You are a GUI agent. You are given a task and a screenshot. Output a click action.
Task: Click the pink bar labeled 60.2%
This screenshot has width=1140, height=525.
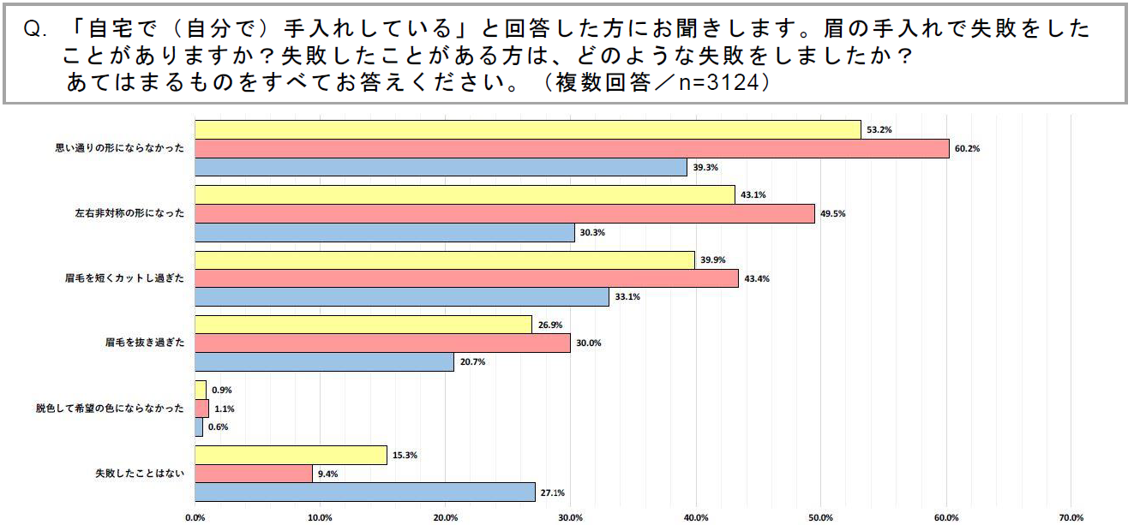[572, 148]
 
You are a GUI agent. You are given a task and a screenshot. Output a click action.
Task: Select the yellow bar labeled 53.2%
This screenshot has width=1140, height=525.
[527, 129]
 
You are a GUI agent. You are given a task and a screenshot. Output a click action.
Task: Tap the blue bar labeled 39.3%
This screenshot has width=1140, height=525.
[441, 167]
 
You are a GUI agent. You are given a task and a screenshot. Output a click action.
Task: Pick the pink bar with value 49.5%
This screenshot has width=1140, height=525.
[505, 213]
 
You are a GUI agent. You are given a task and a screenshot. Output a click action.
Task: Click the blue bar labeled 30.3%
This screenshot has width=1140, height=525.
[385, 232]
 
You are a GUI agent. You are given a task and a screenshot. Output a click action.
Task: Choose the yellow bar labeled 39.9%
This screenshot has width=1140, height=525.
[445, 260]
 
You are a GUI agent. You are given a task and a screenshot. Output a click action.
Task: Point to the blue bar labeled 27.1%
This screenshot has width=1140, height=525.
[365, 492]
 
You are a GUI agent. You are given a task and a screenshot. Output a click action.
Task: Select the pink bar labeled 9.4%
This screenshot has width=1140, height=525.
[254, 474]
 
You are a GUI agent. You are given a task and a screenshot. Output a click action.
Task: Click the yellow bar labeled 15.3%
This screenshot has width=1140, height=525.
[291, 455]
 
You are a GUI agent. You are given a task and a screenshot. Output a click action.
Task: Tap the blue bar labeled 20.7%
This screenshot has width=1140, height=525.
[324, 362]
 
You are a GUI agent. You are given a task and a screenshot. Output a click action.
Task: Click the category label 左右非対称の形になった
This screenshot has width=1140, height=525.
[125, 213]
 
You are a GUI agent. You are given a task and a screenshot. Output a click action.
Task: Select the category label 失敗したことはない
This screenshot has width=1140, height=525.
[138, 474]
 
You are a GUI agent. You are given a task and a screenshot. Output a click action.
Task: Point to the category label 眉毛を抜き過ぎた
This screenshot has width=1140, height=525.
[142, 343]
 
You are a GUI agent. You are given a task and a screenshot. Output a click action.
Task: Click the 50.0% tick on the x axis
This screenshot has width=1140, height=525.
[821, 517]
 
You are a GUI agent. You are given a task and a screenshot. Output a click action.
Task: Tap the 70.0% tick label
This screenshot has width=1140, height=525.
[1071, 517]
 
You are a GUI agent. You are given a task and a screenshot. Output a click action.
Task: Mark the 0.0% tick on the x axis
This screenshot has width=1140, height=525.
[195, 517]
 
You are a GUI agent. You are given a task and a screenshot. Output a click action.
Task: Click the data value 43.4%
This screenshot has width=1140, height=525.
[757, 278]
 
